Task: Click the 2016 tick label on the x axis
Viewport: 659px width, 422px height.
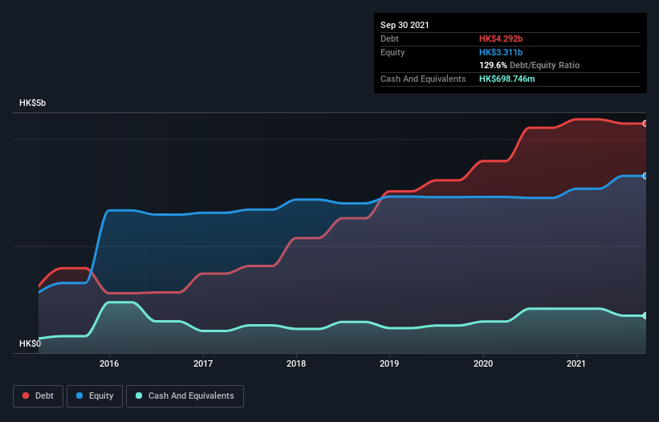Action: (x=109, y=363)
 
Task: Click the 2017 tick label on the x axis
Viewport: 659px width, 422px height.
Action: (x=203, y=363)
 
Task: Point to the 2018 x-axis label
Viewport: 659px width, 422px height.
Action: (x=296, y=363)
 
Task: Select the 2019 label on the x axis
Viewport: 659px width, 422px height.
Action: (x=389, y=363)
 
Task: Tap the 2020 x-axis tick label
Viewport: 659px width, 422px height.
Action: (x=483, y=363)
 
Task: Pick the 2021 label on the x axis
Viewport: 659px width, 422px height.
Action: (x=576, y=363)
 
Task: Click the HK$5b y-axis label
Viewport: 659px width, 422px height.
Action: (x=33, y=103)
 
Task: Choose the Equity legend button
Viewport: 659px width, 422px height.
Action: (x=95, y=396)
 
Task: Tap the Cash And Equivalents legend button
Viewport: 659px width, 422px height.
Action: (x=185, y=396)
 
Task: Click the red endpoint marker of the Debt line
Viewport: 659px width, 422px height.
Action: (x=645, y=124)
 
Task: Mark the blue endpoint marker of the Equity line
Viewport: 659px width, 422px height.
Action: (x=645, y=176)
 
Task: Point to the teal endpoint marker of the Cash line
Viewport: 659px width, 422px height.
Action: (x=645, y=315)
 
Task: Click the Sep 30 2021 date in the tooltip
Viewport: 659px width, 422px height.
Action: (x=405, y=25)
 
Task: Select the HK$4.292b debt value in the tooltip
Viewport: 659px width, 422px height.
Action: (x=501, y=39)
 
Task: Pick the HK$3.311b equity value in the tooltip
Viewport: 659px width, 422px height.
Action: (x=501, y=52)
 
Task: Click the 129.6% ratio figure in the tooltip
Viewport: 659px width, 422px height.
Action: (x=493, y=65)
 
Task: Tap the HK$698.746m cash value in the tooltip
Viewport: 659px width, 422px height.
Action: (x=511, y=79)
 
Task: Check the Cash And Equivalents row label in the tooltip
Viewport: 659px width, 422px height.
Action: (x=423, y=79)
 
